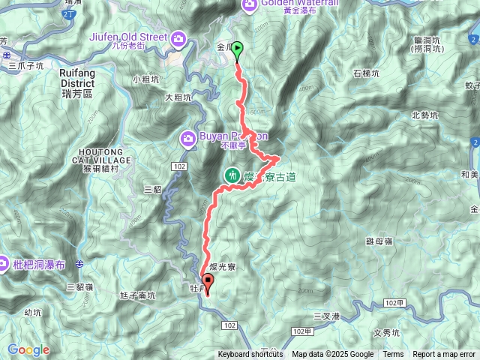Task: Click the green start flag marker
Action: click(237, 50)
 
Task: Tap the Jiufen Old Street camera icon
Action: click(178, 37)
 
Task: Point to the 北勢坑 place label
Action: click(424, 115)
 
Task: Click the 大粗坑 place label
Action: click(178, 97)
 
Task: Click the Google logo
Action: click(28, 349)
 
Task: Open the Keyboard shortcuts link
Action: click(250, 355)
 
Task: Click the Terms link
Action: click(393, 355)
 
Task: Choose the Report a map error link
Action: click(444, 355)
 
